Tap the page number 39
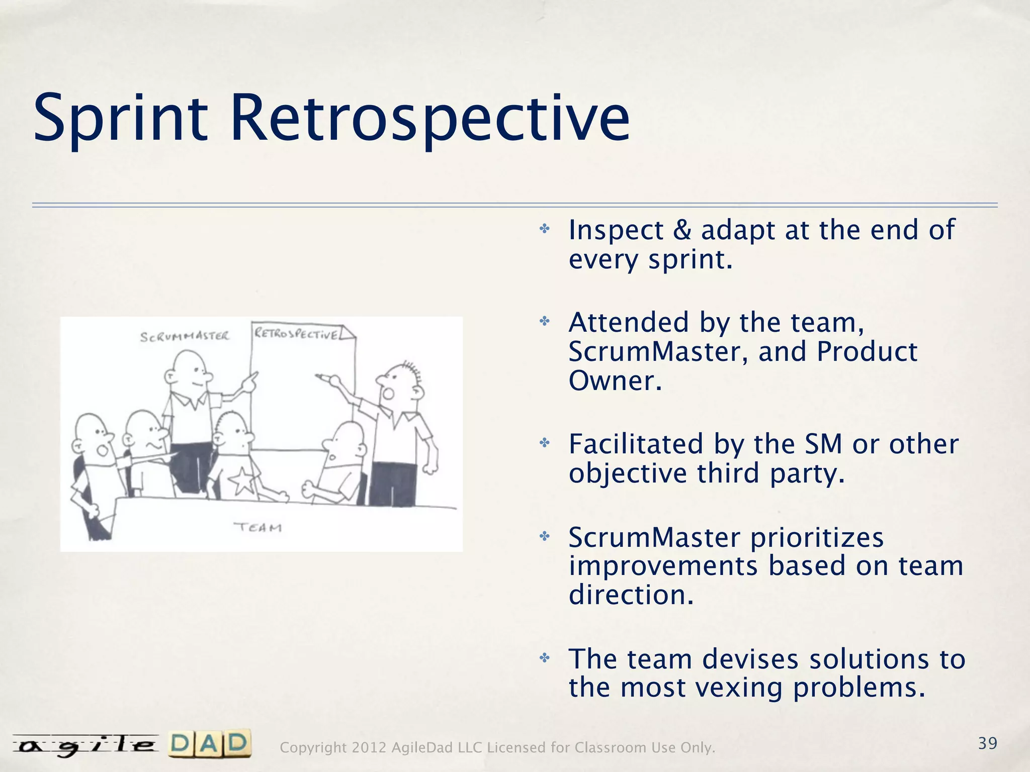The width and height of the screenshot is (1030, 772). tap(988, 743)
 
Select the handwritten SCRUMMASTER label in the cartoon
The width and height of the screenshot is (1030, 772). tap(185, 336)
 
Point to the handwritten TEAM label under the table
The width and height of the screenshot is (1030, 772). tap(258, 527)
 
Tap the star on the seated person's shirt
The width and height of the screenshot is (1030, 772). tap(243, 480)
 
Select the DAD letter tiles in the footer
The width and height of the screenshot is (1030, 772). tap(210, 743)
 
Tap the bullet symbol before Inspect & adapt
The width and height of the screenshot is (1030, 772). tap(545, 229)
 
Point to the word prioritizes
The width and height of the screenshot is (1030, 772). tap(817, 537)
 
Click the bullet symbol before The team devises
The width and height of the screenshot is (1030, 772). tap(545, 658)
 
